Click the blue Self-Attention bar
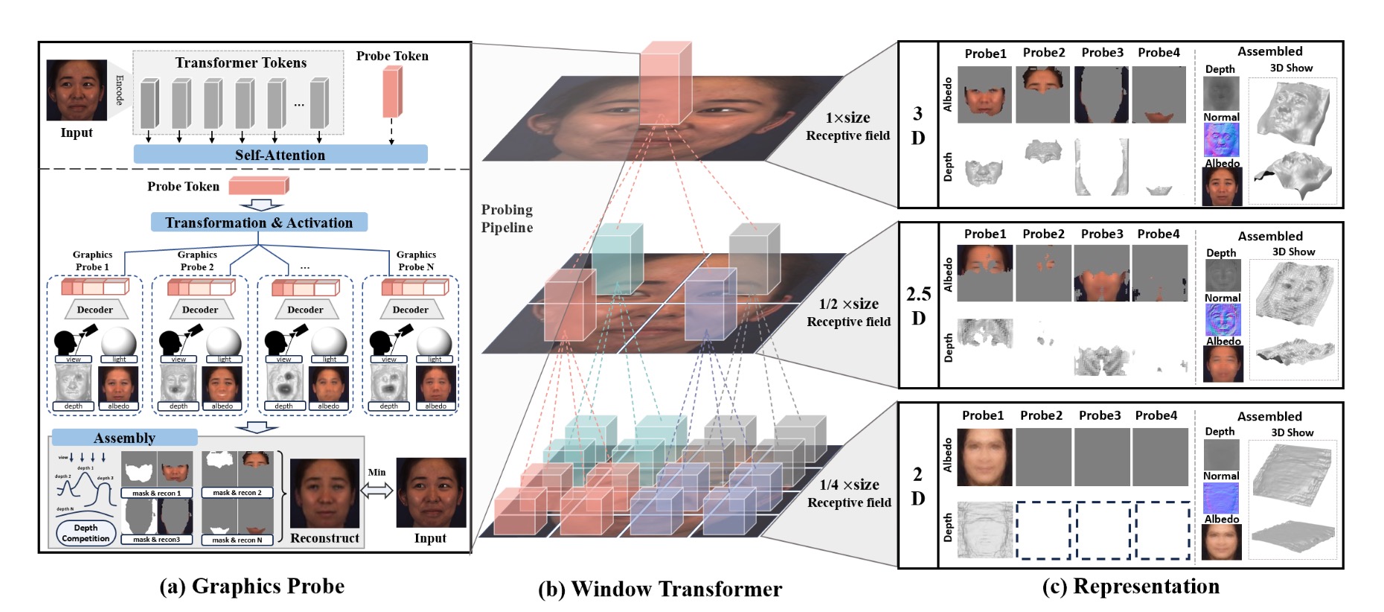pyautogui.click(x=280, y=155)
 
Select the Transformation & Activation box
pyautogui.click(x=259, y=223)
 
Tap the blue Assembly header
pyautogui.click(x=124, y=438)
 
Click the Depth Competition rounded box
pyautogui.click(x=86, y=533)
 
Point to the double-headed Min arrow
pyautogui.click(x=377, y=491)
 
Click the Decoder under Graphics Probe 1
pyautogui.click(x=95, y=310)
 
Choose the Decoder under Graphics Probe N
pyautogui.click(x=410, y=310)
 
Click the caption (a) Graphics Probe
pyautogui.click(x=252, y=587)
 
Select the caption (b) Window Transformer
pyautogui.click(x=660, y=590)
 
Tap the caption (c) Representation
pyautogui.click(x=1130, y=587)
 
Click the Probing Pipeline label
pyautogui.click(x=507, y=219)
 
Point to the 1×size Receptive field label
pyautogui.click(x=848, y=127)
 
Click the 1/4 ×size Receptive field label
pyautogui.click(x=849, y=494)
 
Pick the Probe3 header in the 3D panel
pyautogui.click(x=1102, y=53)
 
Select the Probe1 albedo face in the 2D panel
pyautogui.click(x=984, y=457)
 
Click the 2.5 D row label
pyautogui.click(x=918, y=306)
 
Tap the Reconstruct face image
pyautogui.click(x=324, y=493)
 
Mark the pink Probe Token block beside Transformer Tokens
pyautogui.click(x=392, y=92)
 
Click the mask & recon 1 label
pyautogui.click(x=156, y=493)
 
